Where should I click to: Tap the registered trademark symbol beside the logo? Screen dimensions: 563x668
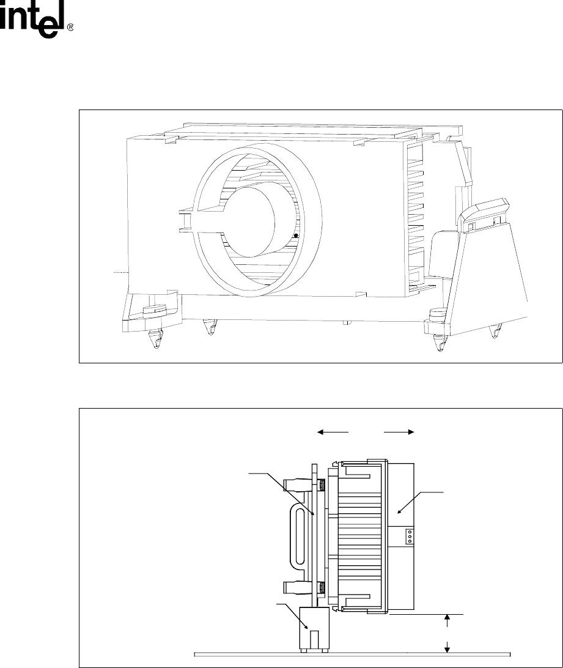pos(71,28)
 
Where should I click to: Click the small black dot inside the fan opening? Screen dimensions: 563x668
pos(296,236)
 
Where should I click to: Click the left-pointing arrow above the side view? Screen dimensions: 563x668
pos(333,432)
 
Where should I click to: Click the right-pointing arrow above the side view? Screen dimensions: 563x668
pos(399,432)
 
